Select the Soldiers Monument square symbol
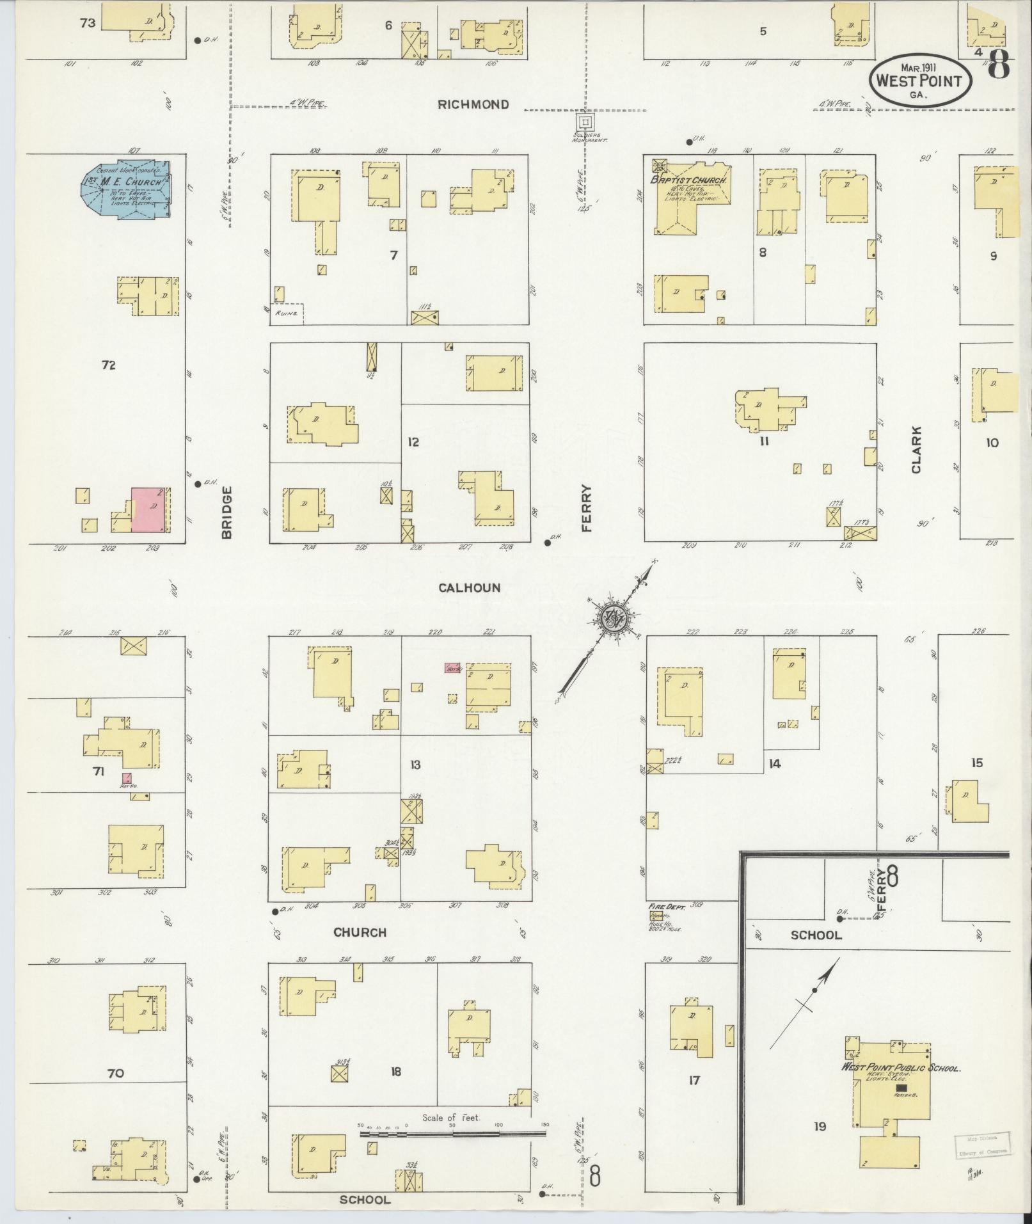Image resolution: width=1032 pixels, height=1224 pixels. pyautogui.click(x=585, y=121)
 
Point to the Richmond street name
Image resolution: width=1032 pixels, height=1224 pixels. pyautogui.click(x=473, y=104)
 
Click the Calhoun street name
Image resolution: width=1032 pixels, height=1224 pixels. pyautogui.click(x=470, y=587)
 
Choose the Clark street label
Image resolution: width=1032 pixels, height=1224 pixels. pyautogui.click(x=916, y=450)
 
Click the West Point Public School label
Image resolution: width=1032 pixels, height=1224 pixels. pyautogui.click(x=901, y=1068)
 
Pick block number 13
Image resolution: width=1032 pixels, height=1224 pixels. pyautogui.click(x=415, y=765)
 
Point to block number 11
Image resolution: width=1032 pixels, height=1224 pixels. pyautogui.click(x=764, y=441)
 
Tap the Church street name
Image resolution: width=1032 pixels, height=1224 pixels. pyautogui.click(x=360, y=932)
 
